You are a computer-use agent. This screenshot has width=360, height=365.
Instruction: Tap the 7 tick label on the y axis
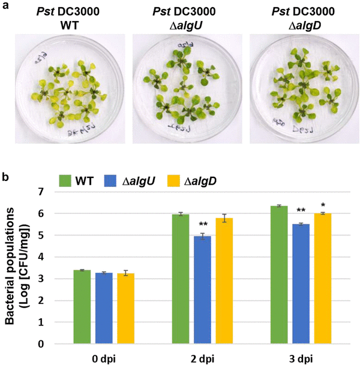click(41, 192)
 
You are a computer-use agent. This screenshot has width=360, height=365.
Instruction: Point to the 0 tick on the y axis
click(41, 344)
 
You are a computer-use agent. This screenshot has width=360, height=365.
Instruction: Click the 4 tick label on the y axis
click(41, 257)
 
